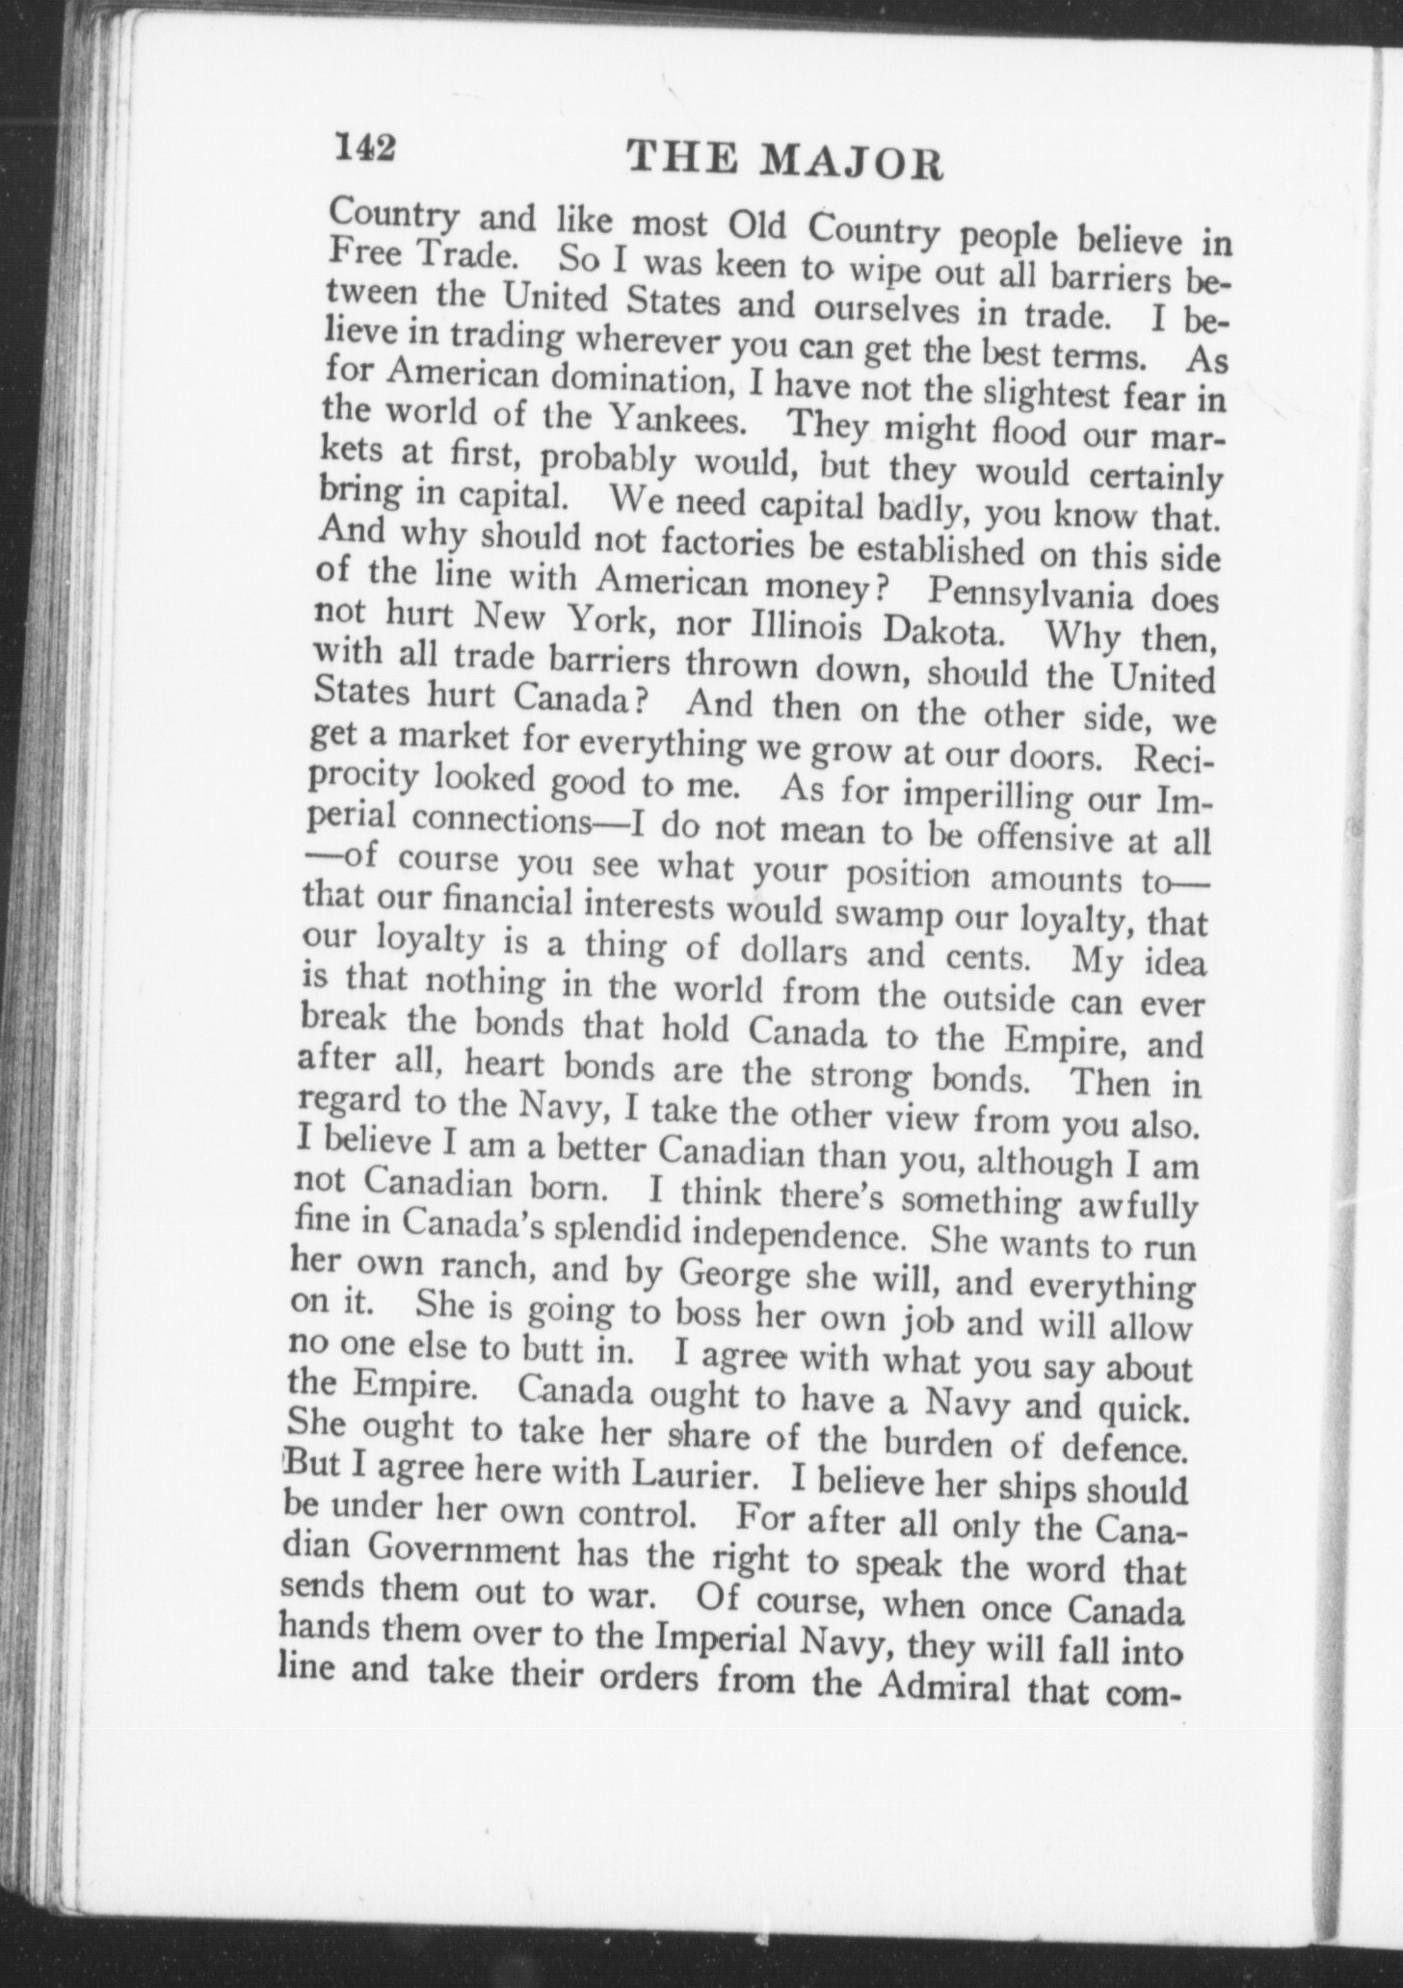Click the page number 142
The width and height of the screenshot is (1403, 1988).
364,148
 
